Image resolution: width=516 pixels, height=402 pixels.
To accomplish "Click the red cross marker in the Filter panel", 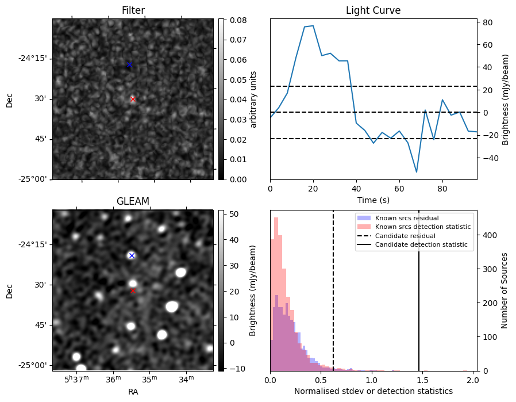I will (133, 99).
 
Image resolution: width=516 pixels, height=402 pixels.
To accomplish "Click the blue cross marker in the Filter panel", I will (129, 65).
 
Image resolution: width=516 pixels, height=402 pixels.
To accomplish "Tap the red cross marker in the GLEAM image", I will (133, 290).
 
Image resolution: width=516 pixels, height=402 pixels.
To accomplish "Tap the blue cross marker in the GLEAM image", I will (132, 255).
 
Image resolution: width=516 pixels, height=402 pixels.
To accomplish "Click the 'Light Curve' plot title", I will (373, 10).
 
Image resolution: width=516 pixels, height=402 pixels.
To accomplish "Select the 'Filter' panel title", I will (133, 10).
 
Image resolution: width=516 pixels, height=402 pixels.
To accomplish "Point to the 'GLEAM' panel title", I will (133, 201).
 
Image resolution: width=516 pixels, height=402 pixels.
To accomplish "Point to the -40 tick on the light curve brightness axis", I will (487, 158).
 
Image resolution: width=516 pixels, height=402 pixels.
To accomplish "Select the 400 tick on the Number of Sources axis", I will (487, 235).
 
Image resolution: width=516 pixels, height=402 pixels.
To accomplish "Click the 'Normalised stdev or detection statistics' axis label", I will (373, 391).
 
